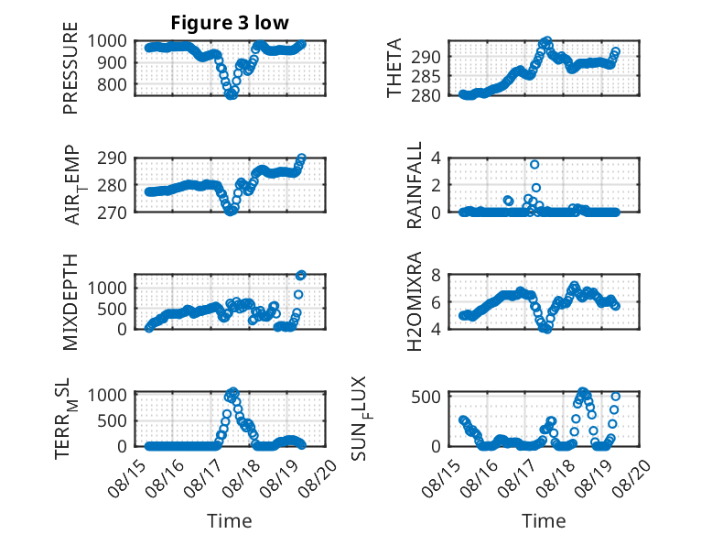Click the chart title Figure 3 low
tap(230, 23)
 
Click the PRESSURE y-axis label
tap(70, 68)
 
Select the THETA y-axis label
tap(394, 68)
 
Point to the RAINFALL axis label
tap(415, 185)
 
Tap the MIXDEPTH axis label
tap(70, 302)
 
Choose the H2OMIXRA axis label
tap(415, 301)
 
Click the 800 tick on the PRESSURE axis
tap(112, 84)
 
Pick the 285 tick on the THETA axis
tap(426, 76)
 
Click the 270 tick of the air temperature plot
tap(112, 213)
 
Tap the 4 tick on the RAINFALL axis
tap(436, 158)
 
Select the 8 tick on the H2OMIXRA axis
tap(436, 275)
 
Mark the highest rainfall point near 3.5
tap(534, 165)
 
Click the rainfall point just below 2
tap(536, 188)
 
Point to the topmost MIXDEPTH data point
tap(301, 275)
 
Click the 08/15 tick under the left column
tap(124, 477)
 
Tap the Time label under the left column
tap(230, 521)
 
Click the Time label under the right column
tap(544, 521)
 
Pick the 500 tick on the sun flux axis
tap(426, 398)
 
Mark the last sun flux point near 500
tap(615, 397)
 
